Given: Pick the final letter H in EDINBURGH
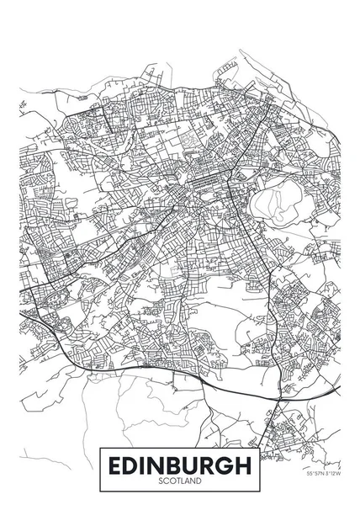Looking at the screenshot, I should [x=242, y=464].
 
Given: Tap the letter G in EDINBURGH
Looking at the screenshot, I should [x=225, y=464].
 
